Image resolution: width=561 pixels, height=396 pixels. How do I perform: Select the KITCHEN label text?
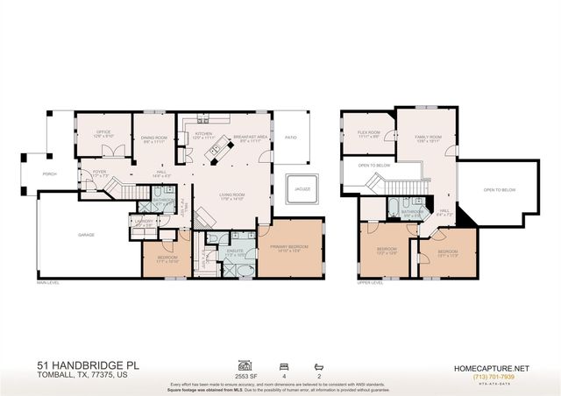pos(203,134)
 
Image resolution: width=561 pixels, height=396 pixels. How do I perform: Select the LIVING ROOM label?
pos(231,195)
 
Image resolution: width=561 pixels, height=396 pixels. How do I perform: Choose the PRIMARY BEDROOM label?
pos(288,247)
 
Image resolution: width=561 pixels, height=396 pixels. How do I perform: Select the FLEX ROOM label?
pos(368,133)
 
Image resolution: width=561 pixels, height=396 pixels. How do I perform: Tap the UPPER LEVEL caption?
pos(370,283)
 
